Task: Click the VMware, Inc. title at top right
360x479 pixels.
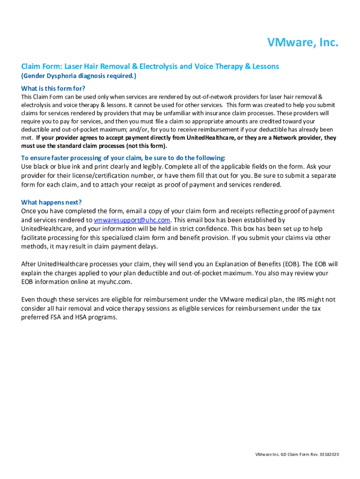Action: pyautogui.click(x=302, y=43)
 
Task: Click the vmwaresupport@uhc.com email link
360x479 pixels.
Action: pyautogui.click(x=132, y=220)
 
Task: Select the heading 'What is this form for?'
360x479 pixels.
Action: pyautogui.click(x=53, y=88)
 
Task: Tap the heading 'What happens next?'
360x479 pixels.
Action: pyautogui.click(x=51, y=202)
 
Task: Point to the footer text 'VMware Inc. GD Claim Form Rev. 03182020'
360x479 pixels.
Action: pyautogui.click(x=297, y=455)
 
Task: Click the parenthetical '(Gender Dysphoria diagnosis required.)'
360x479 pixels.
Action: pyautogui.click(x=79, y=76)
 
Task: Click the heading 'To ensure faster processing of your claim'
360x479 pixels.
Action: pyautogui.click(x=123, y=158)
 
